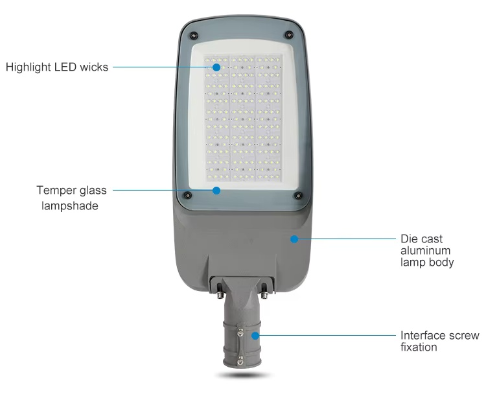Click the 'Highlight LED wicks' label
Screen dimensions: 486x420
57,67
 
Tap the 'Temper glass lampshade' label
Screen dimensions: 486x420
71,198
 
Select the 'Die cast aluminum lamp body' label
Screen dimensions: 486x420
427,250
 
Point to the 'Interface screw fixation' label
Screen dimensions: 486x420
440,341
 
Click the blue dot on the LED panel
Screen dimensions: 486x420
216,67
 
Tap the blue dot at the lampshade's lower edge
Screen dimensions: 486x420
216,191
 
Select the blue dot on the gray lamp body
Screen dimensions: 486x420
294,239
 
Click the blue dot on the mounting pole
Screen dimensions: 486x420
255,335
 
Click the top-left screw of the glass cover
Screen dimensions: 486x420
194,36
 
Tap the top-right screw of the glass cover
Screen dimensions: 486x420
289,35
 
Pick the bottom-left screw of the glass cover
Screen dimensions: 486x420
187,195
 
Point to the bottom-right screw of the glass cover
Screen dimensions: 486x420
298,196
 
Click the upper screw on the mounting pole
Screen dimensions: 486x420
240,333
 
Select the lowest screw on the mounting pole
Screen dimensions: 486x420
240,360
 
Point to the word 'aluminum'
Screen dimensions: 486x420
425,250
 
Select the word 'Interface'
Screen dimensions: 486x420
422,335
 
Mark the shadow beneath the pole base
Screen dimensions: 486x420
242,375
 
